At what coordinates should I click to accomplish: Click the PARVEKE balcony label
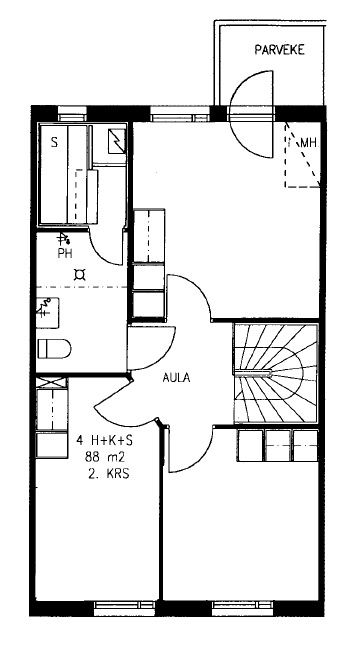point(279,50)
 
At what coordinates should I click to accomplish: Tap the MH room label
point(308,143)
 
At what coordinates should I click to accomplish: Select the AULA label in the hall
point(176,378)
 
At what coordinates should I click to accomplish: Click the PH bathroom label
point(65,254)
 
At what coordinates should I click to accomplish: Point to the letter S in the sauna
point(54,143)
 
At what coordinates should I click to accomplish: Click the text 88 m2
point(105,457)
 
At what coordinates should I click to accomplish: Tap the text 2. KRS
point(109,474)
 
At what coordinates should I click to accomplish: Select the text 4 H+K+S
point(105,441)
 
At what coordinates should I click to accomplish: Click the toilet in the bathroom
point(54,349)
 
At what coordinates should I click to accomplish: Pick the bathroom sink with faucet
point(47,313)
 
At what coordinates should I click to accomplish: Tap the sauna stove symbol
point(116,141)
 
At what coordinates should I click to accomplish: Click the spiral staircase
point(276,374)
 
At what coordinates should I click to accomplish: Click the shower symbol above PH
point(63,238)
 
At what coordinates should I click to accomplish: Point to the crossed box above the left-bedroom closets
point(51,382)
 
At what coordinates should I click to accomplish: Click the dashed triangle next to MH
point(302,154)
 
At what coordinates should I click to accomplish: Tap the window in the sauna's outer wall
point(72,114)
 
